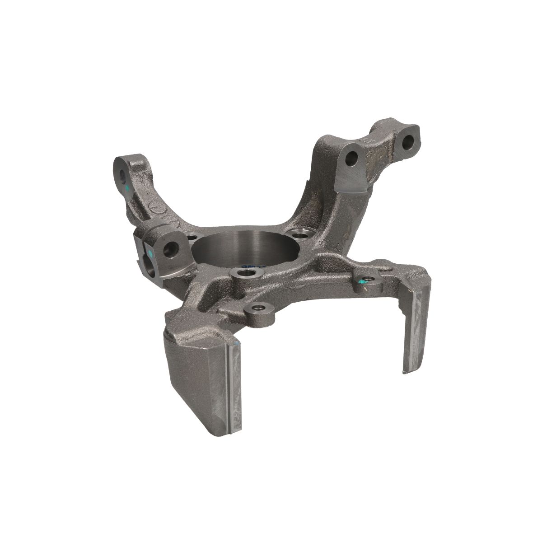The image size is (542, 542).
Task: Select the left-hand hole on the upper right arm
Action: pos(351,159)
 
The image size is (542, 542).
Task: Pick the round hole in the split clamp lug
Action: pos(171,248)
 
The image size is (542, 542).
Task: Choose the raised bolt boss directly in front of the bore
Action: pos(247,273)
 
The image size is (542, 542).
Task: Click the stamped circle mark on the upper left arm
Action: pos(154,208)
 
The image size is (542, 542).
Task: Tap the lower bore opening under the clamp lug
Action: pos(148,262)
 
